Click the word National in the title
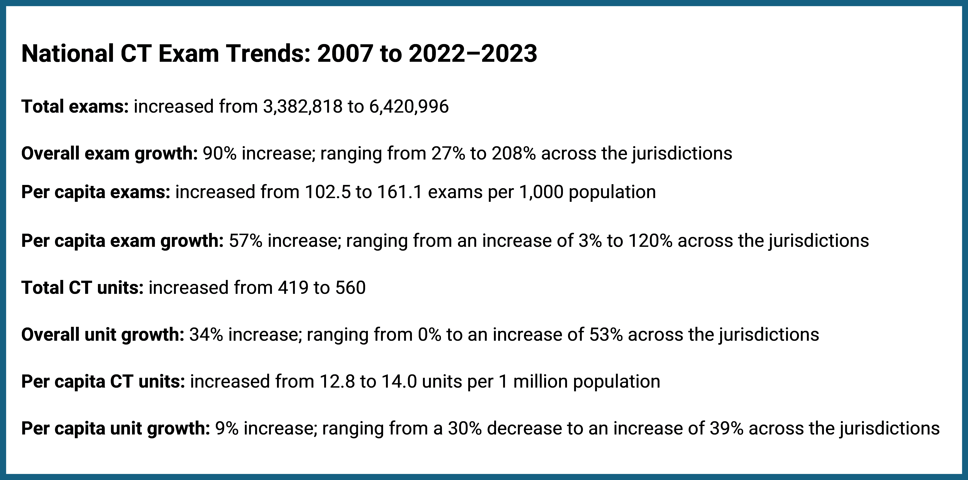[68, 54]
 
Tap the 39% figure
[726, 429]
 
